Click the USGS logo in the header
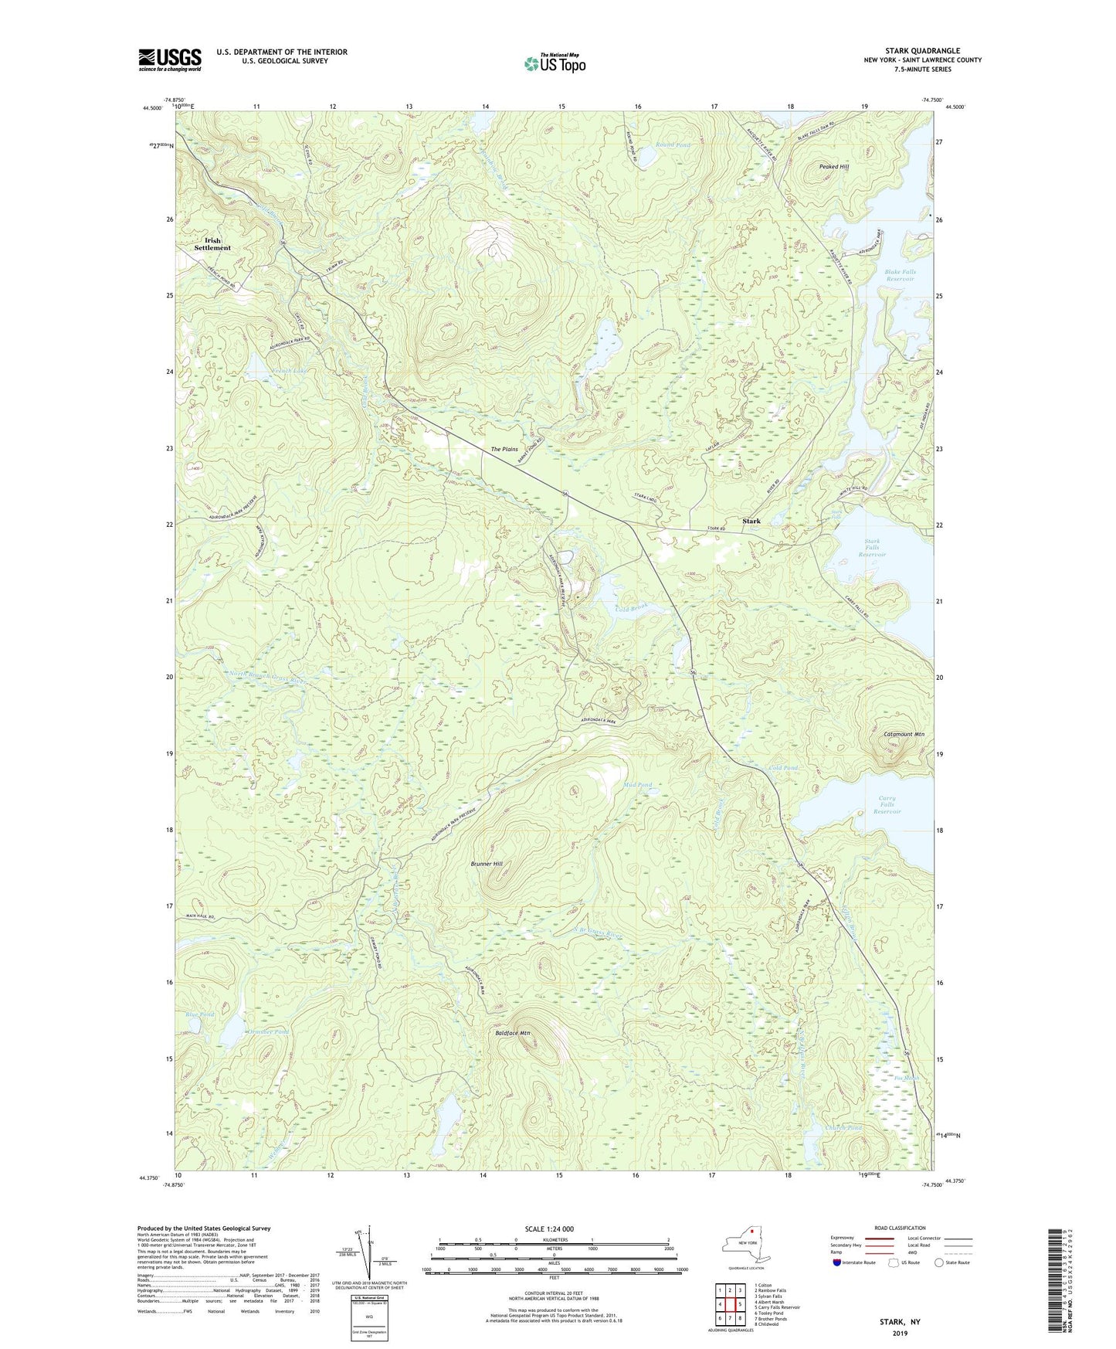(x=170, y=59)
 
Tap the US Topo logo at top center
(x=554, y=64)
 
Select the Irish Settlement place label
(x=212, y=244)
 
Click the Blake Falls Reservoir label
(x=900, y=275)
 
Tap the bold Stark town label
(x=751, y=521)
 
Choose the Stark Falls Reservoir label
(x=871, y=547)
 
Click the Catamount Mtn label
(x=904, y=734)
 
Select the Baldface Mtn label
(x=512, y=1032)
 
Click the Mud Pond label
(x=638, y=784)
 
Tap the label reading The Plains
(x=504, y=449)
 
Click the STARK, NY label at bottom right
(x=900, y=1322)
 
